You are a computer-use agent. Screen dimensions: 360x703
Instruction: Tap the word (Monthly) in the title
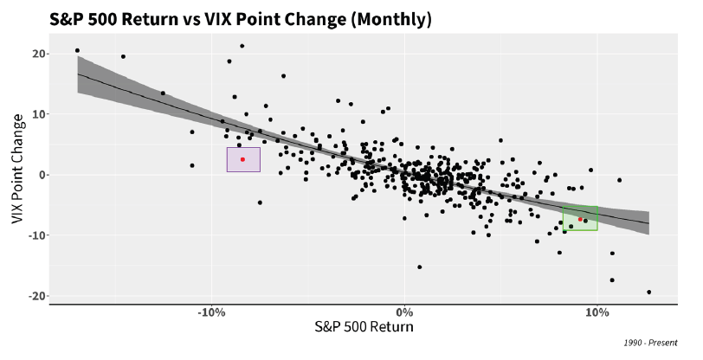click(389, 18)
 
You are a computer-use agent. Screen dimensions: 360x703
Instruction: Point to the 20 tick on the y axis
click(35, 54)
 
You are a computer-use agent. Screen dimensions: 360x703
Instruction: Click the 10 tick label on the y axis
click(35, 114)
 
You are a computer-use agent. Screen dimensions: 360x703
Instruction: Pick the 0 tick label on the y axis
click(39, 175)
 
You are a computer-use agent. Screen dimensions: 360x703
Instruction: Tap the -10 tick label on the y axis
click(34, 235)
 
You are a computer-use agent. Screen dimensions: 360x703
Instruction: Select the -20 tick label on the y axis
click(34, 296)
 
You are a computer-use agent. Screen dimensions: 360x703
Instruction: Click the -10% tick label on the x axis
click(211, 311)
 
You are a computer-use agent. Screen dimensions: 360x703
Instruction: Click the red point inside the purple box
click(242, 159)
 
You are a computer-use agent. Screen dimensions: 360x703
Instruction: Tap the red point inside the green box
click(580, 219)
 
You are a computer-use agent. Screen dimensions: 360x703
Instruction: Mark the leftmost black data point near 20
click(77, 50)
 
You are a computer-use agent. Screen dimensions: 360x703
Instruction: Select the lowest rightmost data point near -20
click(648, 292)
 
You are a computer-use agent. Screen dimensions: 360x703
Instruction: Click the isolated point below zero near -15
click(420, 267)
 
